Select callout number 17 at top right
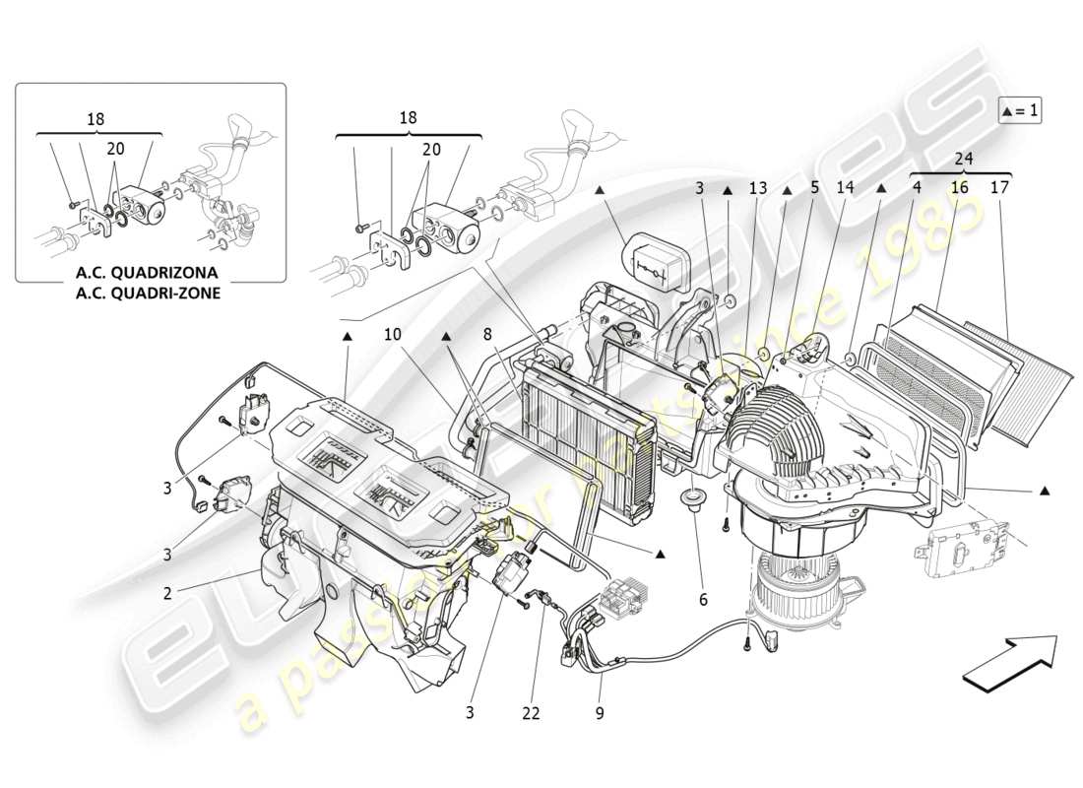1000,186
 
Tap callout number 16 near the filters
959,186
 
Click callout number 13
756,186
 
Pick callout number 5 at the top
814,186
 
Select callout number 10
393,335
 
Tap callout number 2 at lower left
167,593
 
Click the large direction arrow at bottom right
1008,661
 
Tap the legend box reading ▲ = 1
1020,110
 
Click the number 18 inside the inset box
96,118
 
